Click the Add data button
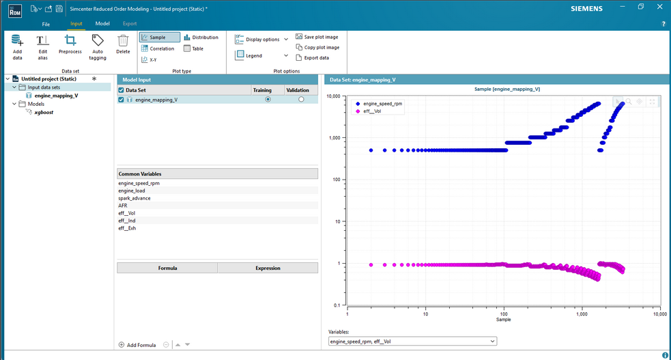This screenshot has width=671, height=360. (x=17, y=47)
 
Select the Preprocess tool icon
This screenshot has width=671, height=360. (x=70, y=40)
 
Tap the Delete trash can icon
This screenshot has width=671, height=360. (x=123, y=40)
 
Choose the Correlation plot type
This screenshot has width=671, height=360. (x=158, y=49)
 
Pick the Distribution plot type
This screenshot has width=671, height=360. (x=201, y=38)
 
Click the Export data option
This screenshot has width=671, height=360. (x=313, y=58)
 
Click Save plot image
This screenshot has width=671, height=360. (x=317, y=37)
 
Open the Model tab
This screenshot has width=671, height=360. (x=102, y=23)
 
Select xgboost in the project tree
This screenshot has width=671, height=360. (x=44, y=112)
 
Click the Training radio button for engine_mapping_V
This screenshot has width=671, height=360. (x=268, y=99)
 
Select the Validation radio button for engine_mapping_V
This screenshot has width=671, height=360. (x=301, y=99)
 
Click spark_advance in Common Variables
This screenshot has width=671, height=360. (x=134, y=198)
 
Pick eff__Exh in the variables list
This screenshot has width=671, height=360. (x=127, y=228)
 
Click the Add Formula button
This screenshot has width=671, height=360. (x=137, y=345)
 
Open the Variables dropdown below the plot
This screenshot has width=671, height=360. (x=412, y=341)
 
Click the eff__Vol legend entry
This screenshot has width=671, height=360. (x=368, y=111)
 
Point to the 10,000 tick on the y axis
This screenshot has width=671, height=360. (x=333, y=96)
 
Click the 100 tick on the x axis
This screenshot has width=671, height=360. (x=504, y=314)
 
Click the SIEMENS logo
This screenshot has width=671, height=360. (x=586, y=9)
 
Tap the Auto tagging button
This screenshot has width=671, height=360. (x=98, y=47)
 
